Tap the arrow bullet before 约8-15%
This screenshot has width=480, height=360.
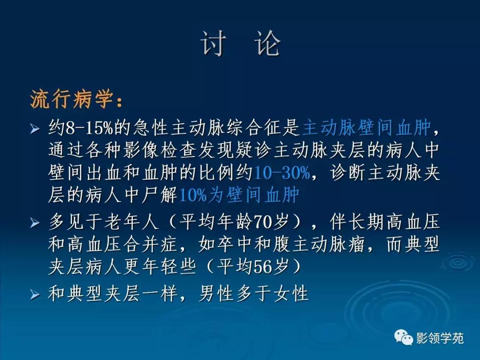[x=35, y=129]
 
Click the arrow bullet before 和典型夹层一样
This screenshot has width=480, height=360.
[x=35, y=294]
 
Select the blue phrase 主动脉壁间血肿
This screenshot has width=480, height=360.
[x=367, y=128]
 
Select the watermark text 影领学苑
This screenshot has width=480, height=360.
[x=440, y=339]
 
